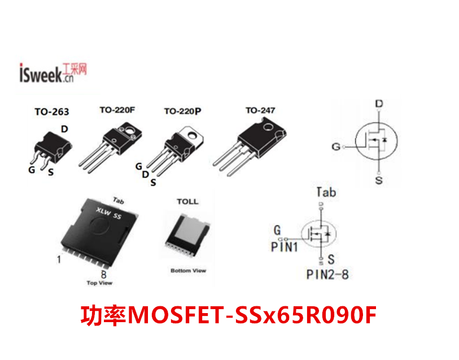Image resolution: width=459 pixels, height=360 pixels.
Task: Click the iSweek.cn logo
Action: point(53,73)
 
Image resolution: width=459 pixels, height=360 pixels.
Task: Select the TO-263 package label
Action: point(52,111)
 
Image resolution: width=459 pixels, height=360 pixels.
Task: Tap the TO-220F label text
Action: point(117,110)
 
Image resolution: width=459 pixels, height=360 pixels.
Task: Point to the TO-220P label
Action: point(182,111)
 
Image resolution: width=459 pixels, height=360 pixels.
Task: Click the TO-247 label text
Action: point(260,110)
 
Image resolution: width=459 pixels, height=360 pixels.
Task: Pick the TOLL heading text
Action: point(187,202)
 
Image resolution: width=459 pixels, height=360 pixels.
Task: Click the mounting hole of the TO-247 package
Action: point(268,127)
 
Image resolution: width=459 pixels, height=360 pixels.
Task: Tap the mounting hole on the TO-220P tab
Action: point(193,135)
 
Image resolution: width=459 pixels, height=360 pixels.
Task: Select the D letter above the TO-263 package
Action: point(64,129)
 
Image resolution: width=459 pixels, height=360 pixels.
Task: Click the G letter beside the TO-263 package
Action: point(32,170)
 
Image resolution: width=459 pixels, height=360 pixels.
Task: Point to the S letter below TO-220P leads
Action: point(153,183)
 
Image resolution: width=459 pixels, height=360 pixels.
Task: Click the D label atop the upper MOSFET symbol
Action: point(379,103)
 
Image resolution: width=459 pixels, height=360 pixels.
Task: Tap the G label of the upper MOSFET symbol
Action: point(336,146)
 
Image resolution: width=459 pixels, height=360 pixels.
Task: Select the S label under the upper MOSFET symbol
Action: point(379,180)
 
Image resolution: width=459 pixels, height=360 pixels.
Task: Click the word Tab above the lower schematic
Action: point(326,193)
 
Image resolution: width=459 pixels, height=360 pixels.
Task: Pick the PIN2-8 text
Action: point(327,275)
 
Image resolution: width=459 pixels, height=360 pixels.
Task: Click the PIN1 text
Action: point(284,247)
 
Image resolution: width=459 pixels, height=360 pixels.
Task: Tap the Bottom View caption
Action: point(188,271)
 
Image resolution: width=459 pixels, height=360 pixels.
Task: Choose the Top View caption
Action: point(99,283)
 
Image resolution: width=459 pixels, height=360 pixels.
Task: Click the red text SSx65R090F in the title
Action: point(305,315)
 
